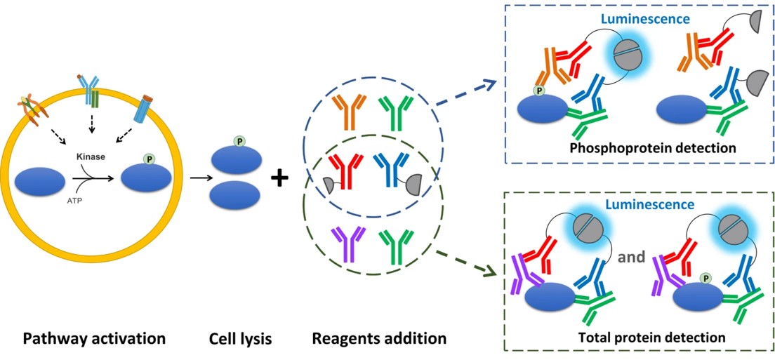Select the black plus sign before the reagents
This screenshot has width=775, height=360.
(280, 179)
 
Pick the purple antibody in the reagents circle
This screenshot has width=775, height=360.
(343, 242)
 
